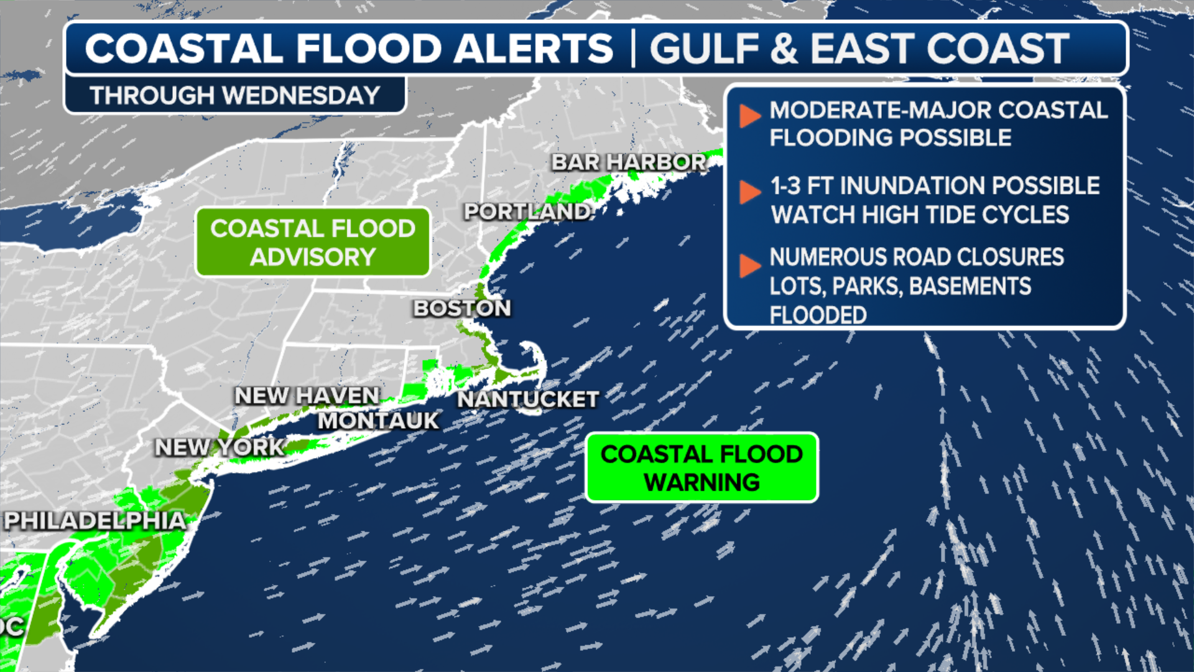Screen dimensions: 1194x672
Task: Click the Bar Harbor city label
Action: click(629, 162)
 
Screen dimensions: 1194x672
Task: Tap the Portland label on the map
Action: click(527, 212)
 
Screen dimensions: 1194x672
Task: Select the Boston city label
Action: click(462, 308)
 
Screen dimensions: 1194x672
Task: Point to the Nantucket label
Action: click(528, 399)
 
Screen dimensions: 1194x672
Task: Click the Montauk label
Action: click(378, 421)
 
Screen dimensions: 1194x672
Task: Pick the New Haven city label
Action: click(307, 395)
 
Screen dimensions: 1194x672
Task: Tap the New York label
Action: click(220, 447)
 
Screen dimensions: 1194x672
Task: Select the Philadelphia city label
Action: click(95, 520)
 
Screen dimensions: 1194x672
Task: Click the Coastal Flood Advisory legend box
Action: click(313, 242)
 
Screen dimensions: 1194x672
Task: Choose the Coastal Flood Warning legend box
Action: click(701, 468)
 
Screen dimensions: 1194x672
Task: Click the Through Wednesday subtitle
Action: click(234, 96)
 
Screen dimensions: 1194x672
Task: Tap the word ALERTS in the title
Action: click(533, 49)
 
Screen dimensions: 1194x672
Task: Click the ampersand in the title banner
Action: click(784, 49)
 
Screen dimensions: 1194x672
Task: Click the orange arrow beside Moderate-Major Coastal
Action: click(749, 116)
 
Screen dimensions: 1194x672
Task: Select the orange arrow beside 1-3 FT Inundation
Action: click(749, 192)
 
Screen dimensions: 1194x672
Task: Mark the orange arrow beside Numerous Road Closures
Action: click(749, 266)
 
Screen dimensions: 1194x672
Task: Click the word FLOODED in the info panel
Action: click(818, 315)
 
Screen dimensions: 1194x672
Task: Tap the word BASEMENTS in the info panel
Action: click(970, 286)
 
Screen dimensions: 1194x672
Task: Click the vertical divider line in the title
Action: click(633, 49)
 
